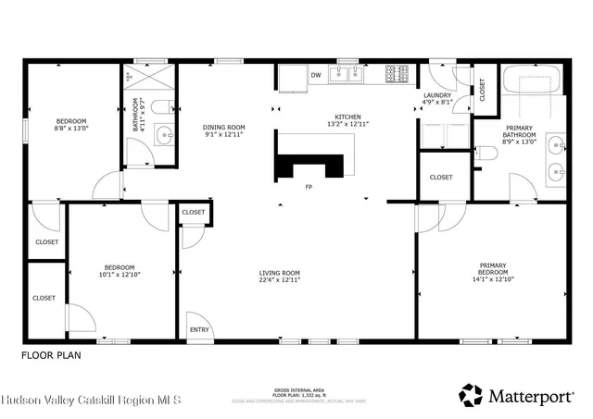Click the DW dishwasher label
316,75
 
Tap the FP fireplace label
309,187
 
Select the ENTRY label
199,329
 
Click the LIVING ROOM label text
279,272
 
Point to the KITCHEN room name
347,117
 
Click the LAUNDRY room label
436,95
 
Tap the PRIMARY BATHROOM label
519,133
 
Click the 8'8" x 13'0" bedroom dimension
71,129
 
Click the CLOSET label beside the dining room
194,213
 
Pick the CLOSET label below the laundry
441,177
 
